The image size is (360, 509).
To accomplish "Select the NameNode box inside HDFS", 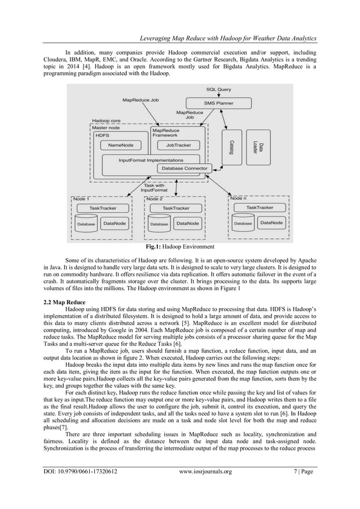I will (120, 145).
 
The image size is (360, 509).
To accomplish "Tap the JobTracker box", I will (178, 145).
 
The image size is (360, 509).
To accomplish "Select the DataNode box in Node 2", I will (188, 223).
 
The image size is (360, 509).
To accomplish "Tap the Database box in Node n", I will (243, 223).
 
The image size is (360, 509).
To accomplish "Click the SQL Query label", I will (218, 89).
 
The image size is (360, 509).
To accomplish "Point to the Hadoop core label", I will (107, 121).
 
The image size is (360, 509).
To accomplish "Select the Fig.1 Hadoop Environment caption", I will (179, 247).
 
